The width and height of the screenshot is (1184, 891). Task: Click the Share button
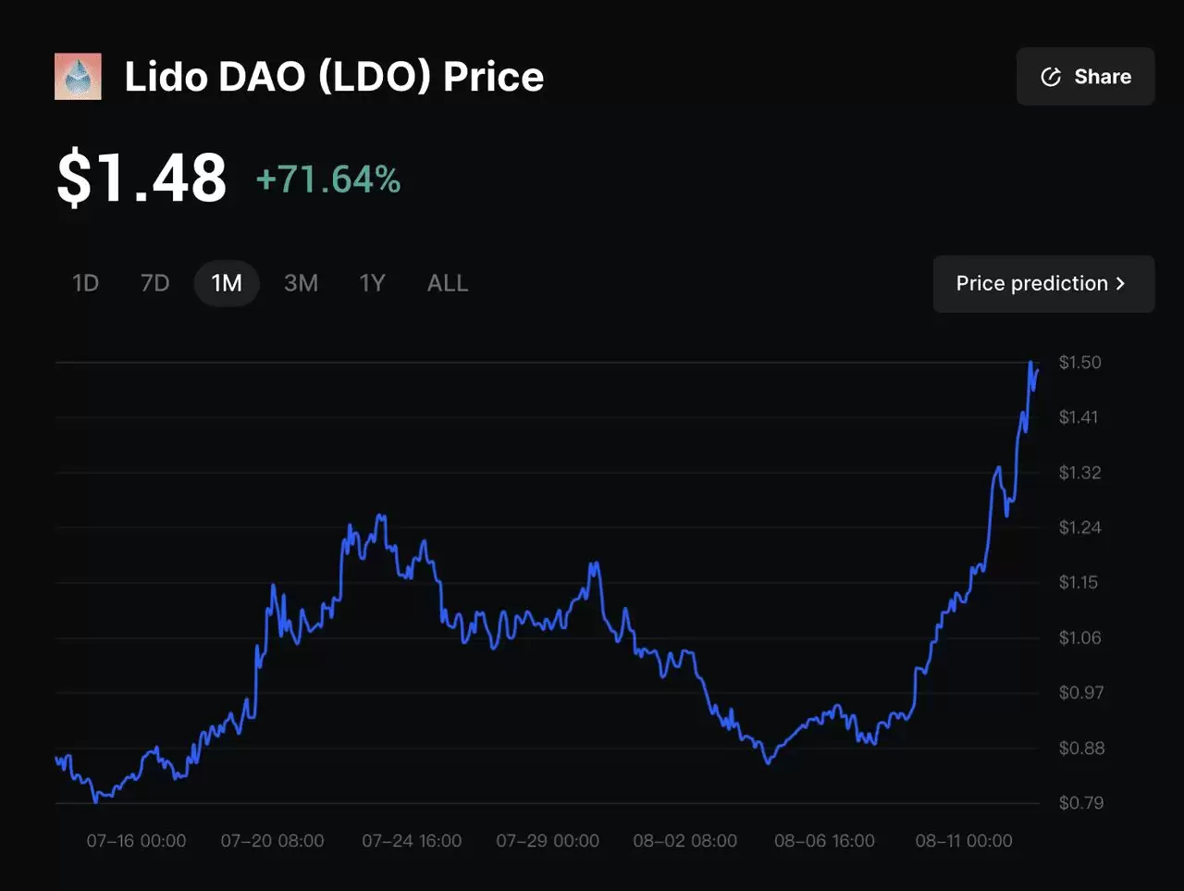[x=1085, y=77]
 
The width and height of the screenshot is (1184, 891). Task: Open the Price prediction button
[x=1042, y=284]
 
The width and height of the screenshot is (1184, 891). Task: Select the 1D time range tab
[x=85, y=283]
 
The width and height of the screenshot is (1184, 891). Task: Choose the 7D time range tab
[x=154, y=283]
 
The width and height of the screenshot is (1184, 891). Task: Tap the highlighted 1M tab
[x=227, y=283]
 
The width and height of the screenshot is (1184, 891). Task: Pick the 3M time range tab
[x=301, y=283]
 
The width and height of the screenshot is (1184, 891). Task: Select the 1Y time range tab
[x=372, y=283]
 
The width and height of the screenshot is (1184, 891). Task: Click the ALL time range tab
[x=448, y=283]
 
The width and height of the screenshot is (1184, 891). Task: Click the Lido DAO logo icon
[x=78, y=77]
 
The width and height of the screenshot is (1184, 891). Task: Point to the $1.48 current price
[x=142, y=179]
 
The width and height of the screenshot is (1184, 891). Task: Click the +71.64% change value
[x=328, y=179]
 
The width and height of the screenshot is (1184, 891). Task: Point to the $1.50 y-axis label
[x=1079, y=363]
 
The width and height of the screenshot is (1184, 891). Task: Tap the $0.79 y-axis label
[x=1080, y=803]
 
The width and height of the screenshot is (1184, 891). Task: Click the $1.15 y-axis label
[x=1078, y=583]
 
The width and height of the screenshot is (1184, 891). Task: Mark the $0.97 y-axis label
[x=1080, y=693]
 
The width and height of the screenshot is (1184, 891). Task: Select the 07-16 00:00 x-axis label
[x=136, y=841]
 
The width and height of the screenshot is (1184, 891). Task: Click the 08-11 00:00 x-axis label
[x=963, y=841]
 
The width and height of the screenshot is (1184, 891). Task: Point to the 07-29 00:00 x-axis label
[x=548, y=841]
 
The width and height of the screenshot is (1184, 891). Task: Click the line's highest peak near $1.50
[x=1030, y=364]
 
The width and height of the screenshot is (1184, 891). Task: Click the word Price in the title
[x=493, y=77]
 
